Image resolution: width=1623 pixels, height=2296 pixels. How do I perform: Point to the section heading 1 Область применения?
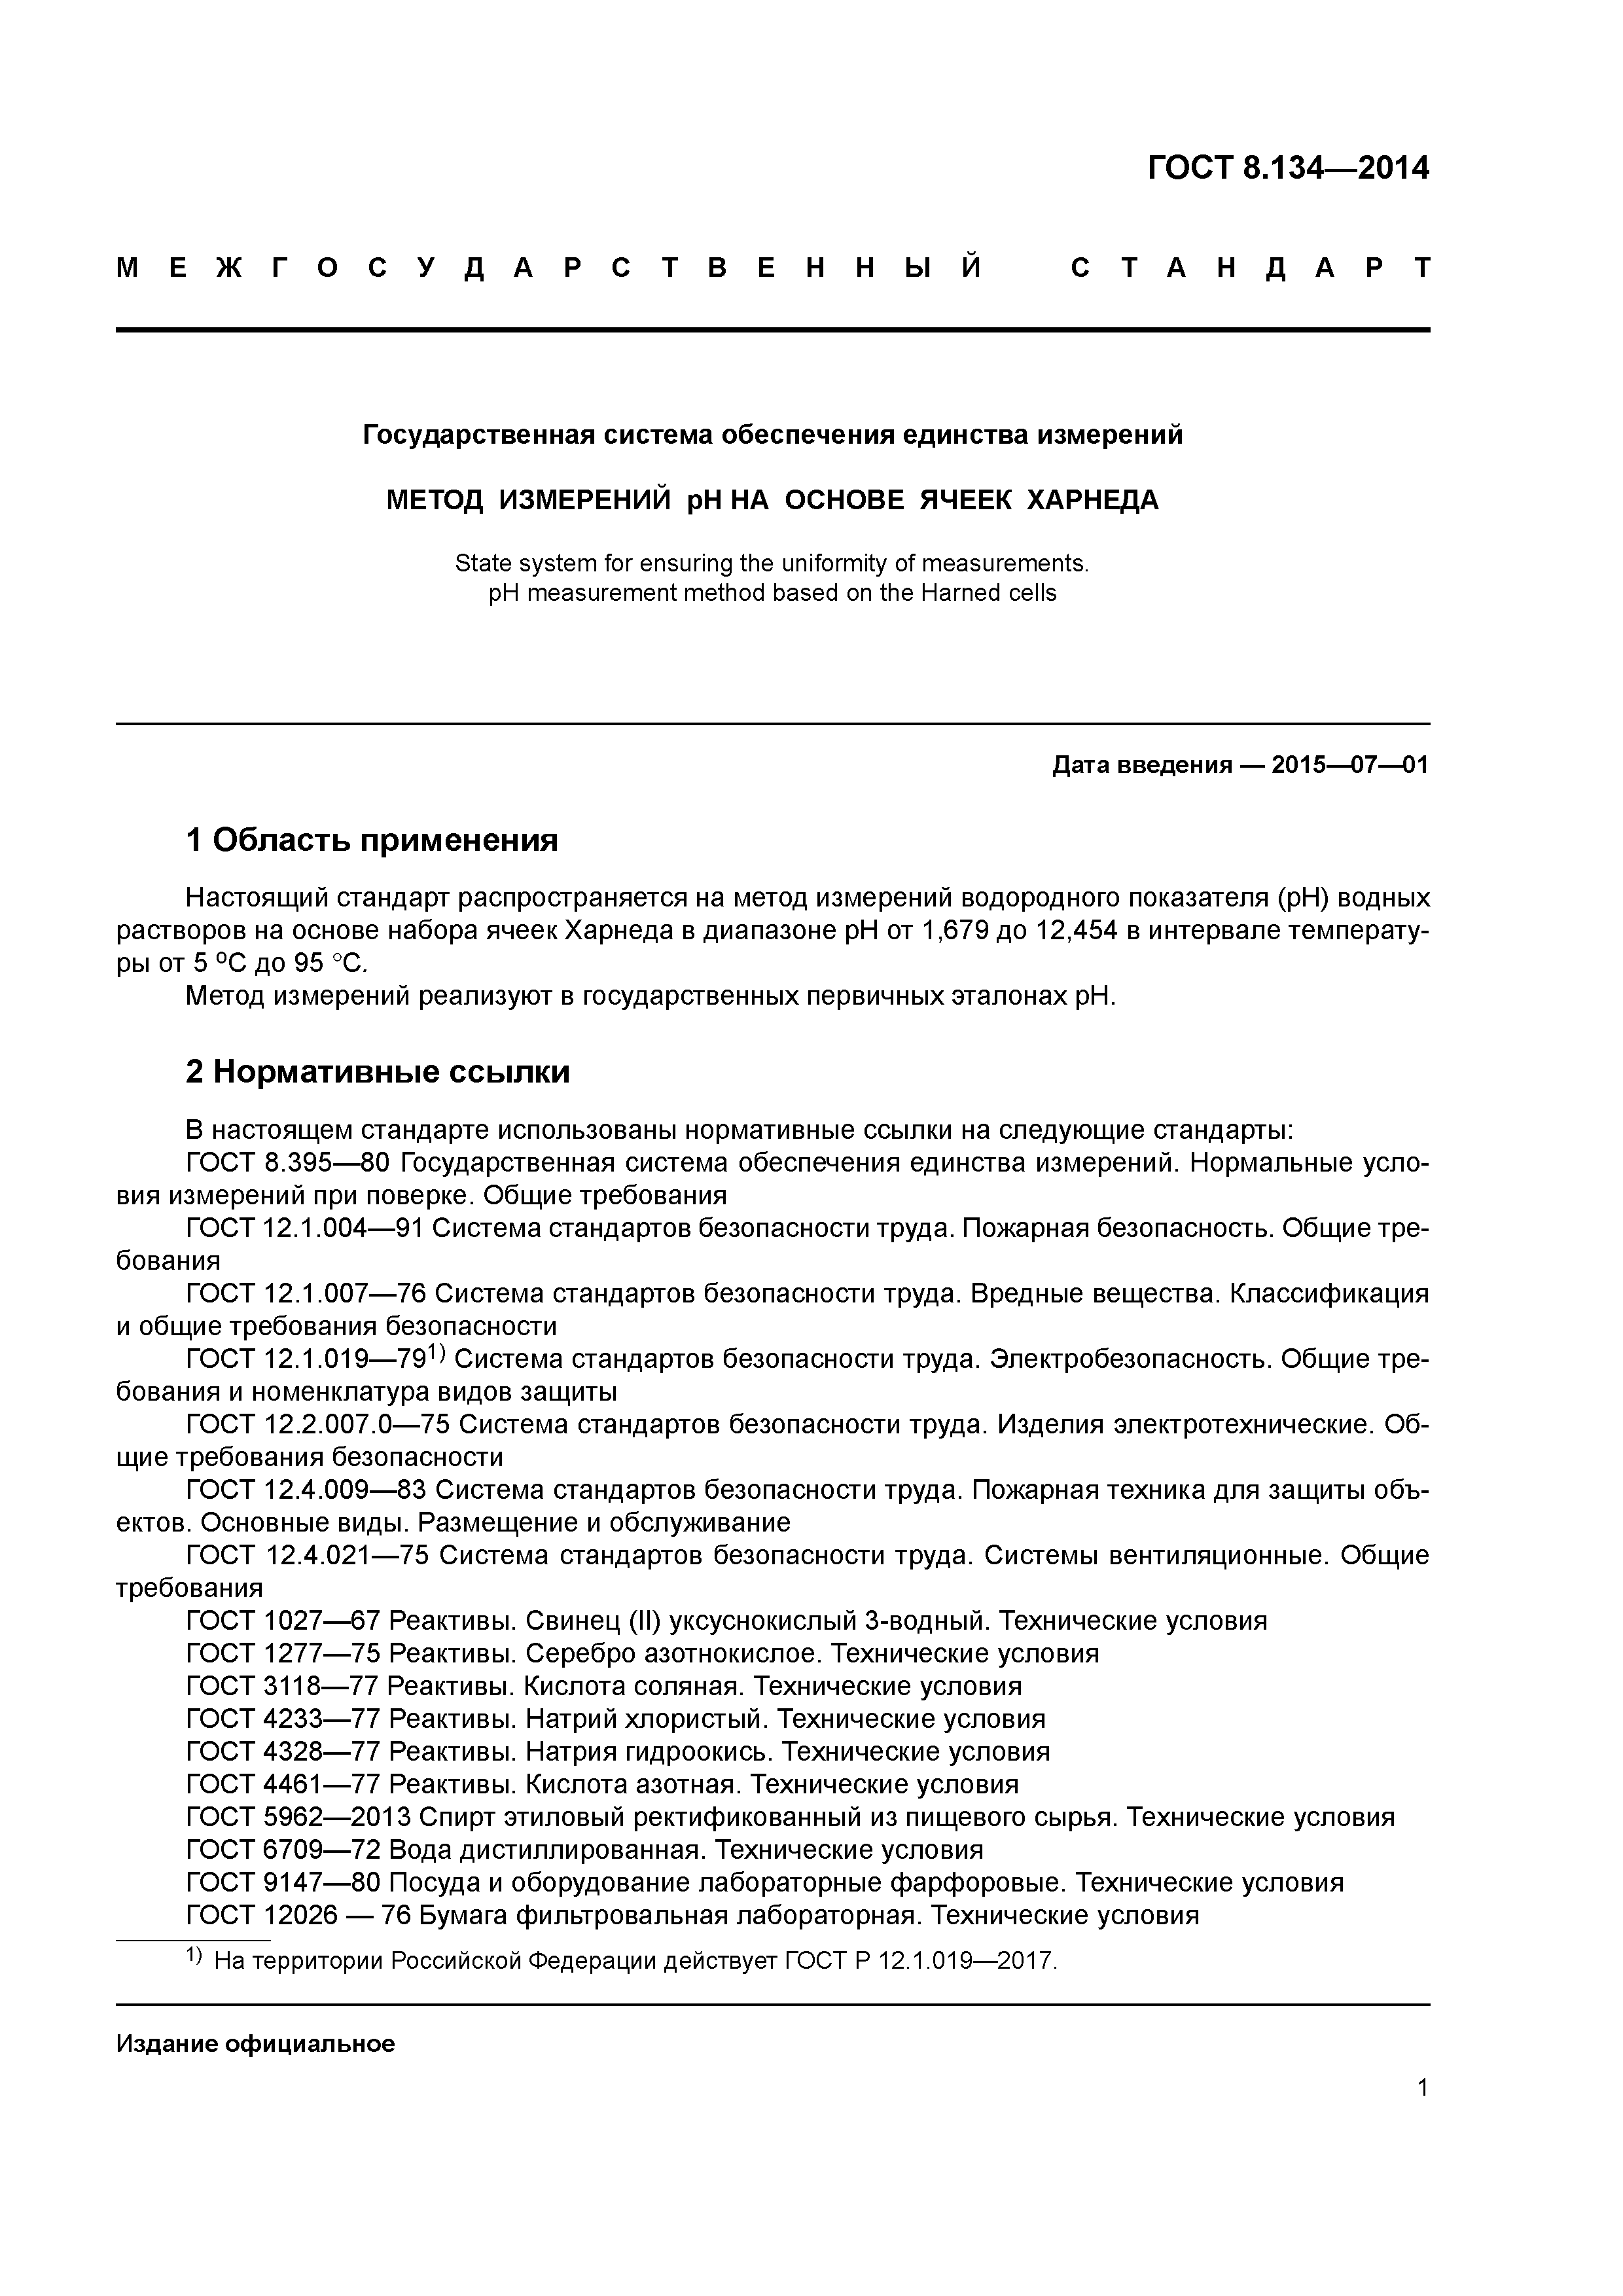click(x=371, y=840)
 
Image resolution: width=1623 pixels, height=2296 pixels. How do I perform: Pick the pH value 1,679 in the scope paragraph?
click(x=955, y=931)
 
